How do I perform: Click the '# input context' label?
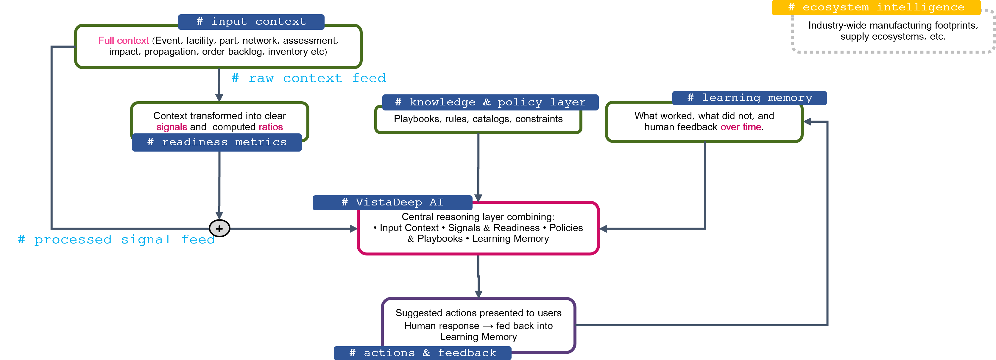tap(251, 22)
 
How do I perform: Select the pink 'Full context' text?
tap(123, 40)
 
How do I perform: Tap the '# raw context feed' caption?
tap(308, 78)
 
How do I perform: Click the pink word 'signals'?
tap(172, 127)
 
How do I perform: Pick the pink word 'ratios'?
tap(271, 127)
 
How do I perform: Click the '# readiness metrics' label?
tap(216, 142)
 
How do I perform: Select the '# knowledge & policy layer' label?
tap(490, 102)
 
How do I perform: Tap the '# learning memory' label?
tap(749, 98)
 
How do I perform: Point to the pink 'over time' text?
tap(741, 127)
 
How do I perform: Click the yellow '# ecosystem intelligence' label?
tap(876, 7)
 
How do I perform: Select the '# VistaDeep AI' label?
tap(392, 202)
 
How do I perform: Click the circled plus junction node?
tap(219, 228)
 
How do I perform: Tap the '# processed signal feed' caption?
tap(116, 240)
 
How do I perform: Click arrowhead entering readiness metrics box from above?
tap(219, 98)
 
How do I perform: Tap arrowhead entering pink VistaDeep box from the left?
tap(353, 228)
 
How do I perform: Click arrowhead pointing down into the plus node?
tap(219, 215)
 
